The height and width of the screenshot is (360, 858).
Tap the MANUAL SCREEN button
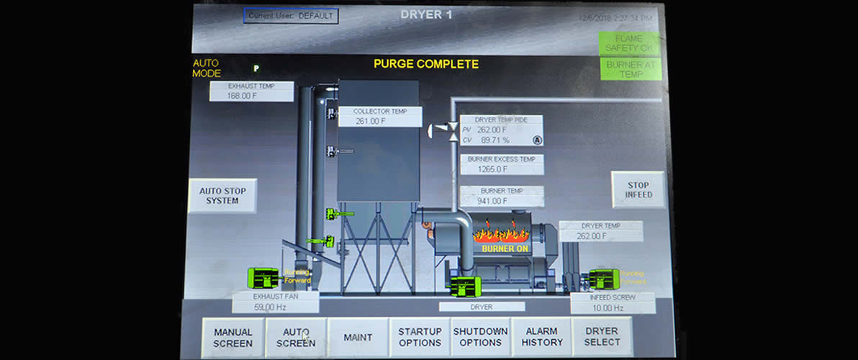[232, 337]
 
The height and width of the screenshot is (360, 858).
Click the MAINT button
[358, 337]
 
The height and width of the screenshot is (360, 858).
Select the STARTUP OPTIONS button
[420, 337]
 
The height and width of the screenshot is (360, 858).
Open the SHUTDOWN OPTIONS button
[480, 337]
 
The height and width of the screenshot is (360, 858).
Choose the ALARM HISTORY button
[542, 337]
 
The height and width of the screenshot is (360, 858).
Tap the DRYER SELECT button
[602, 337]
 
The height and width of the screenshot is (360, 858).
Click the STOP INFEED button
[638, 189]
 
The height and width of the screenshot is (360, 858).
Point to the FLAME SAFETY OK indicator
[629, 43]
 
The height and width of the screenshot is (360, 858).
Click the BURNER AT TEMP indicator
[630, 69]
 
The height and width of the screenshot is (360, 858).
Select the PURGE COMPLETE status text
[425, 64]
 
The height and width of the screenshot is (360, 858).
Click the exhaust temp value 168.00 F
[243, 96]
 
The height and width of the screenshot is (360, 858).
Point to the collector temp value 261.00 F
[371, 122]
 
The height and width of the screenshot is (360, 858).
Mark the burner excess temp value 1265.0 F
[493, 169]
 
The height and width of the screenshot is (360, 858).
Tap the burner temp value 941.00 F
[494, 201]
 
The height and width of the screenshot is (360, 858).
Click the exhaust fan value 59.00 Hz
[266, 307]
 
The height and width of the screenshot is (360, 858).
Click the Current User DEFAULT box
[290, 15]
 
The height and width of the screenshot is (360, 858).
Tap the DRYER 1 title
[426, 14]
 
